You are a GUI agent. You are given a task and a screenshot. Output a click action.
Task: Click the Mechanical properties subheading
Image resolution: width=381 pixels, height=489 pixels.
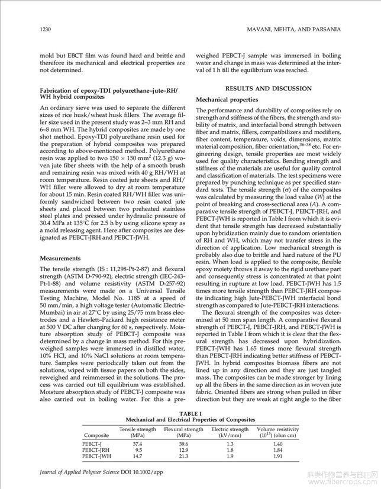(227, 100)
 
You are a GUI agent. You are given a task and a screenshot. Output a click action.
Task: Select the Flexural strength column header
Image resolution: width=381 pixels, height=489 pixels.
(183, 432)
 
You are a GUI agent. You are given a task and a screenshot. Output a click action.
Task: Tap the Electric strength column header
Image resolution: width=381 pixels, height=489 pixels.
(230, 432)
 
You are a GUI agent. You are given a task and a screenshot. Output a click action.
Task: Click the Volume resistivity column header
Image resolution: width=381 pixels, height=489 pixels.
(277, 432)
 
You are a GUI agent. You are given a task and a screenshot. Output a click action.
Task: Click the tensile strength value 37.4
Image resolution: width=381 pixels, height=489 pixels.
(137, 443)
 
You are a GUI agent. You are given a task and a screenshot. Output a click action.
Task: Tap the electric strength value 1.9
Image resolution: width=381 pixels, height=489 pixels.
(230, 457)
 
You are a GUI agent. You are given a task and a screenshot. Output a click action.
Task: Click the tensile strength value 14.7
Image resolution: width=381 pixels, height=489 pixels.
(137, 457)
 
